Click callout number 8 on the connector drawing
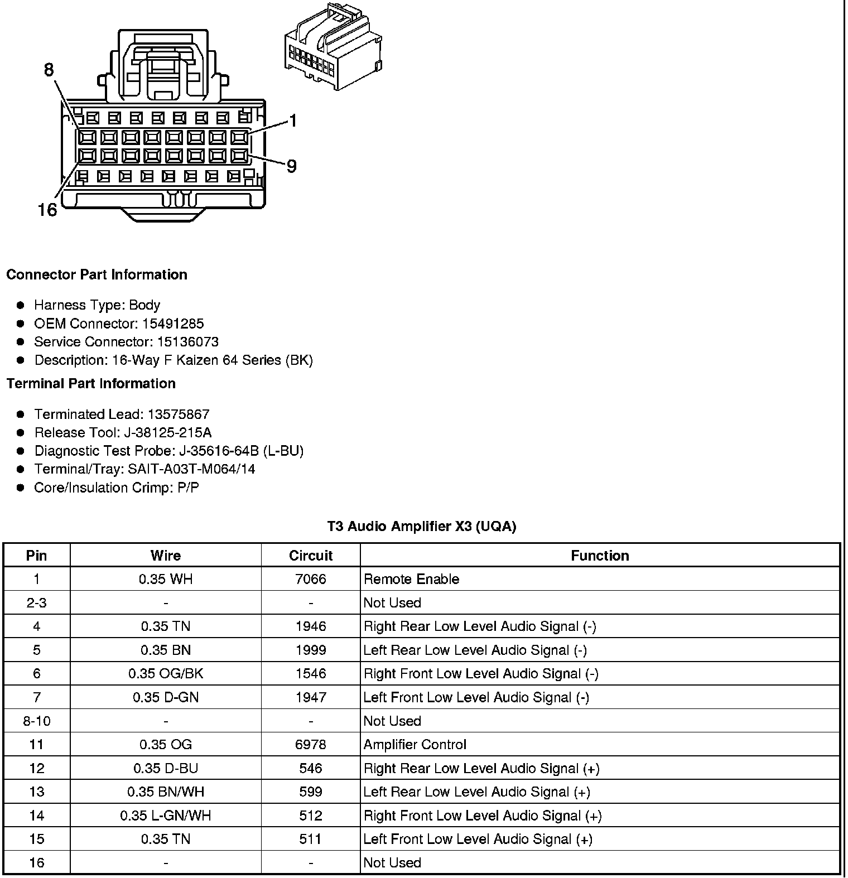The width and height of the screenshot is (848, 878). pos(49,70)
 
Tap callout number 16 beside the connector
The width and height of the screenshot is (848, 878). pos(47,210)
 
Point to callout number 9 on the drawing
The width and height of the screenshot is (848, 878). pos(291,166)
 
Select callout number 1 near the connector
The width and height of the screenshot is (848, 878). pos(292,121)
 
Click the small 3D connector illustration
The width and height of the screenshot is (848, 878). pos(333,48)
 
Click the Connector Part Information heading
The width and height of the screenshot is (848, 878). pos(97,274)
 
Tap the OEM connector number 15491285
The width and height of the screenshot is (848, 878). pos(173,324)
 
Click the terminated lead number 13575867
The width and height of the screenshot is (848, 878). pos(179,414)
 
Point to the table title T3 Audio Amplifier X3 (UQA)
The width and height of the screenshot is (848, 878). pos(421,526)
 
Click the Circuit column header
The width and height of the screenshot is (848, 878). pos(311,556)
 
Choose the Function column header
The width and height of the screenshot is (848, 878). pos(600,556)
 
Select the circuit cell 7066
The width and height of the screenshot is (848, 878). pos(311,579)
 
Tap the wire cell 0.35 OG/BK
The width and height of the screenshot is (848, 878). pos(166,674)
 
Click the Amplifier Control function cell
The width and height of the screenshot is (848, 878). pos(415,745)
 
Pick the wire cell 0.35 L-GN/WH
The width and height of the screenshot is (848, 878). pos(166,816)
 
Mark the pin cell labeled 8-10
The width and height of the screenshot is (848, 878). pos(37,721)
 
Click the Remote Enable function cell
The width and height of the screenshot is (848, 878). pos(411,579)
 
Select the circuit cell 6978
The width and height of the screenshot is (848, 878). pos(311,745)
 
